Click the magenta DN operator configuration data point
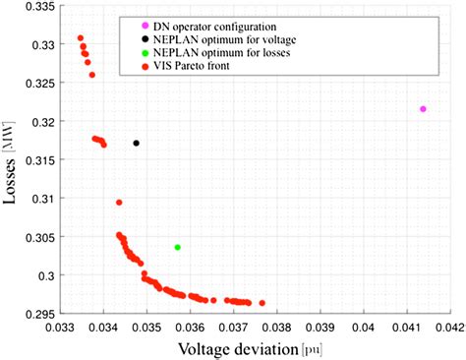pyautogui.click(x=423, y=109)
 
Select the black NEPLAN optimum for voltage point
pyautogui.click(x=137, y=144)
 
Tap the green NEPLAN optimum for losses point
pyautogui.click(x=178, y=247)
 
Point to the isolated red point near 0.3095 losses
pyautogui.click(x=119, y=203)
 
